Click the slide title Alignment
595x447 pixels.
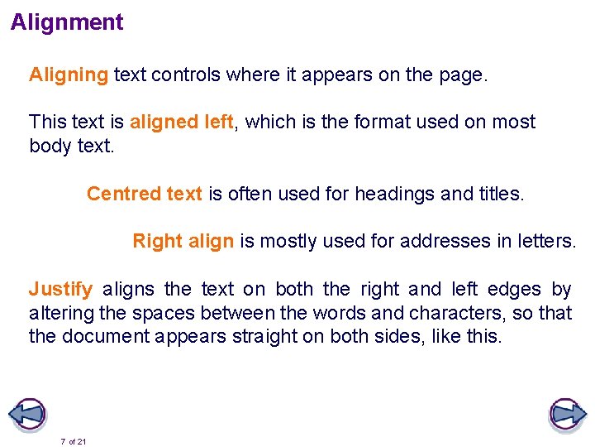click(67, 22)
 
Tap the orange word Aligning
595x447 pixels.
click(69, 75)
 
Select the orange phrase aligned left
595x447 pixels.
click(181, 123)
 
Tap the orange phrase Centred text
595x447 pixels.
click(145, 194)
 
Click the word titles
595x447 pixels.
click(500, 194)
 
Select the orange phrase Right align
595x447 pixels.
click(183, 242)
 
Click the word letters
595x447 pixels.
click(545, 242)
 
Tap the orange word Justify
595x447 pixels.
click(60, 290)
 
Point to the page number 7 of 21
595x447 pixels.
click(74, 441)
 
